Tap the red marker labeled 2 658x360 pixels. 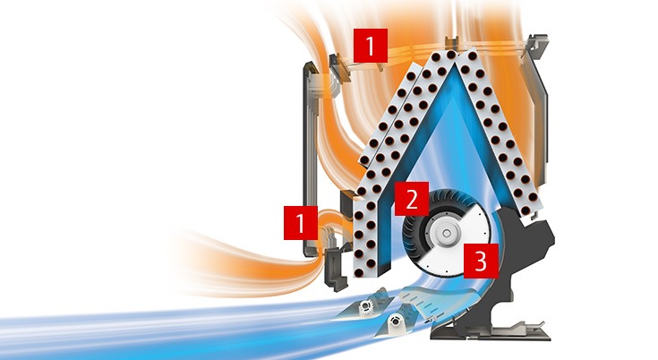[x=412, y=197]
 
